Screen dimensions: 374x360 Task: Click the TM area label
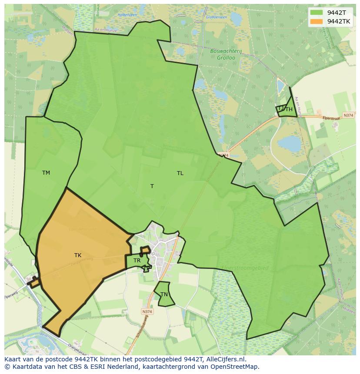[x=46, y=173]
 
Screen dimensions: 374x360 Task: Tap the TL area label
[x=180, y=173]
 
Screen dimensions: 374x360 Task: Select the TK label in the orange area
[x=78, y=255]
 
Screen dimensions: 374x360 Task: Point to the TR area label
[x=137, y=261]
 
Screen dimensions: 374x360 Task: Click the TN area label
[x=164, y=295]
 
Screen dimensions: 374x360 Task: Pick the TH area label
[x=289, y=109]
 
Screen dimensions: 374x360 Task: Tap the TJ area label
[x=280, y=108]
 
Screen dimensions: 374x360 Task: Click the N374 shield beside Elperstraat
[x=348, y=115]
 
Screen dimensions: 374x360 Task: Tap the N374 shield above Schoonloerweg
[x=147, y=311]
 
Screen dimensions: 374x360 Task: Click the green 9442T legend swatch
[x=316, y=13]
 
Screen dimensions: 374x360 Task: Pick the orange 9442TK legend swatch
[x=316, y=21]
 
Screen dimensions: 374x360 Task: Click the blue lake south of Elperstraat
[x=289, y=143]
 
